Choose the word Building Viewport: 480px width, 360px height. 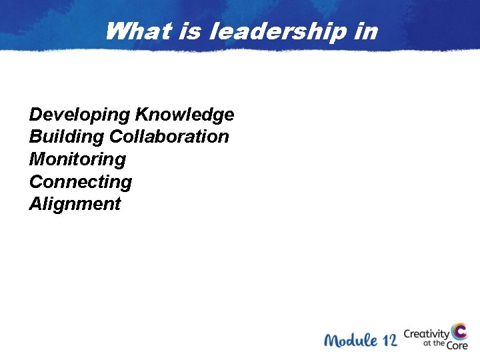66,137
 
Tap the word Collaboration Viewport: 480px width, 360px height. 169,137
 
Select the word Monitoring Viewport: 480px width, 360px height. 77,160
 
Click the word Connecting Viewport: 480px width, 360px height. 81,182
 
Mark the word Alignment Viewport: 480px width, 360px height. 75,204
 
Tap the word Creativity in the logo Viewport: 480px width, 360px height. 427,333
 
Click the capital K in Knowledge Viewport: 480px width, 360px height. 143,115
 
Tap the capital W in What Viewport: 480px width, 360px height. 116,31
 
